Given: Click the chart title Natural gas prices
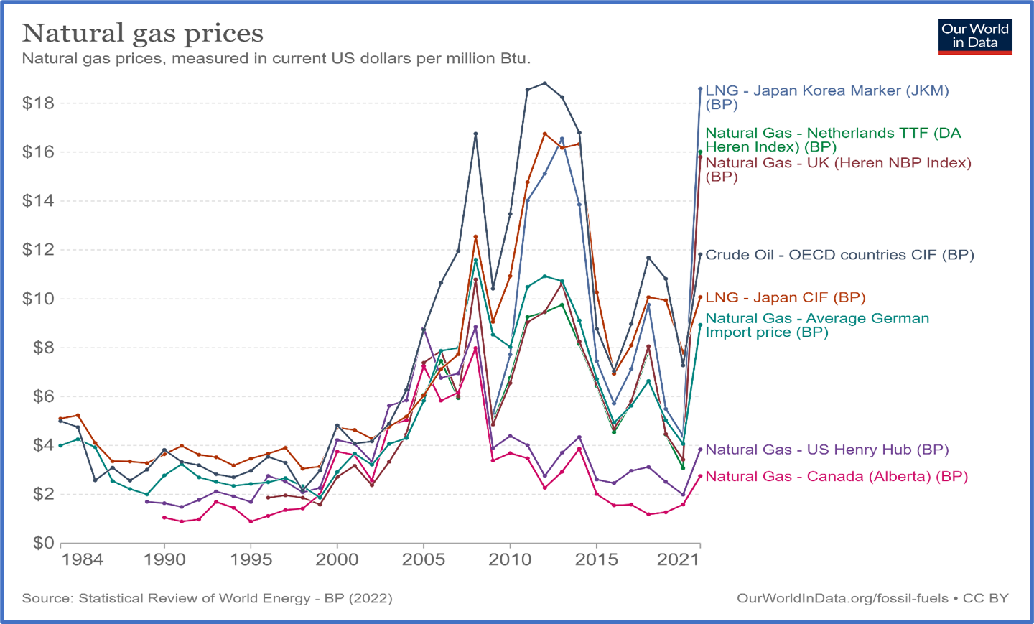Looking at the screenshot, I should click(x=143, y=33).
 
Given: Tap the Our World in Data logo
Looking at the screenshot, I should click(x=974, y=37).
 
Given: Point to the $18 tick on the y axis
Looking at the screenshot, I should click(x=38, y=103).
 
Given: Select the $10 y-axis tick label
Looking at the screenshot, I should click(x=38, y=299).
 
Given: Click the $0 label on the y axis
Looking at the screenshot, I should click(x=43, y=543).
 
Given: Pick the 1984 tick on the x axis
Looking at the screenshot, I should click(x=82, y=560).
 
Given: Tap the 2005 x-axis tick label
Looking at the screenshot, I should click(x=424, y=560).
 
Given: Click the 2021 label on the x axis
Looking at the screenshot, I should click(x=678, y=560).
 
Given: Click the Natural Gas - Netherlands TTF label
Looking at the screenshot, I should click(x=833, y=139).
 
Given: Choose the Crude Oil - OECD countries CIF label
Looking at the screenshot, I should click(x=839, y=255).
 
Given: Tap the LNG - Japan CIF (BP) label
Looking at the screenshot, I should click(x=786, y=297).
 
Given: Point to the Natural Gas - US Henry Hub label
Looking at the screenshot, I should click(x=827, y=450).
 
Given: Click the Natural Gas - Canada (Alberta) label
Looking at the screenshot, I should click(x=837, y=476).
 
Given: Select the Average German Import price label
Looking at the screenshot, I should click(x=817, y=325).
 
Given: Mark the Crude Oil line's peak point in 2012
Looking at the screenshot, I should click(x=545, y=83).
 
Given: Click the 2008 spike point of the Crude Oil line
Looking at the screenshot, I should click(x=475, y=134).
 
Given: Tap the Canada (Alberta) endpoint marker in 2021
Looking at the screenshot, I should click(x=700, y=476).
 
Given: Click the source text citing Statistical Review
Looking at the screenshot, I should click(x=207, y=598).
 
